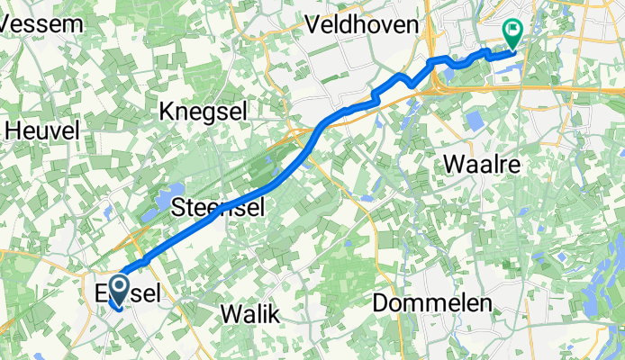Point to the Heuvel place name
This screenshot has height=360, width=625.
click(x=42, y=130)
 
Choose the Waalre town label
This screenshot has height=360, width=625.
click(x=485, y=165)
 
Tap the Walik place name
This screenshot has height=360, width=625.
click(x=249, y=313)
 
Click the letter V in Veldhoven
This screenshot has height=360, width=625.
click(x=313, y=25)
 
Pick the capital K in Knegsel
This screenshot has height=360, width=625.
click(x=167, y=111)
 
